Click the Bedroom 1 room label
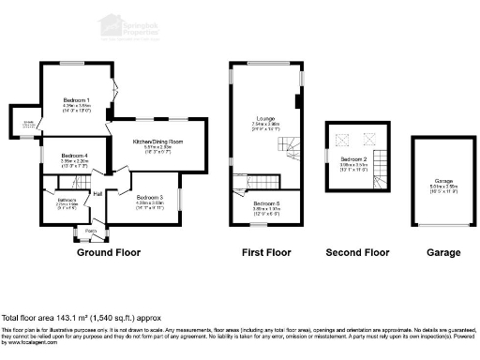click(77, 99)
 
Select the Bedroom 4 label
click(75, 155)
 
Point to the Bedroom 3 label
click(150, 197)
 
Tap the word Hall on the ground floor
click(97, 193)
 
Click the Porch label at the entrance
click(91, 231)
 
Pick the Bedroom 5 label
click(266, 202)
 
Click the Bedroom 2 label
click(353, 159)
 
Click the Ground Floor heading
click(103, 253)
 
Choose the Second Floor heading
click(356, 253)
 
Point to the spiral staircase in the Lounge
click(292, 146)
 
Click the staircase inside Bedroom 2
click(380, 158)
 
